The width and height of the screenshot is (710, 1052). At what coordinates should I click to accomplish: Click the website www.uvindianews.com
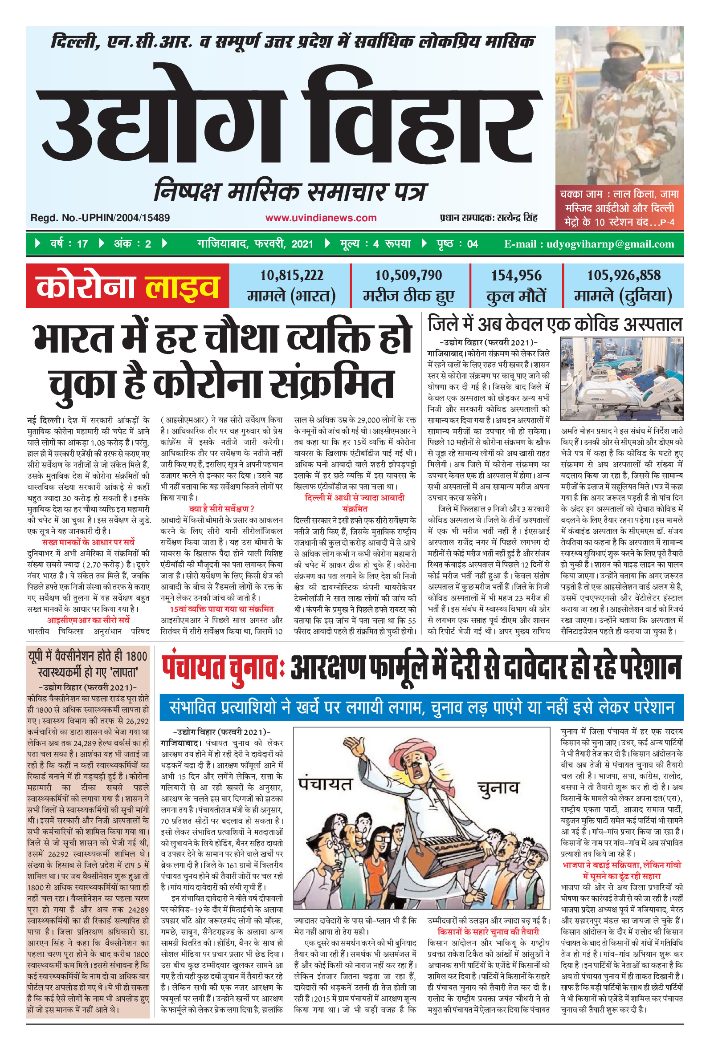(321, 218)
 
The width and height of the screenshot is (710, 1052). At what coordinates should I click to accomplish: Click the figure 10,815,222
(291, 275)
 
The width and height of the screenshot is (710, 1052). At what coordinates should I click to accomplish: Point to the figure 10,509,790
(408, 275)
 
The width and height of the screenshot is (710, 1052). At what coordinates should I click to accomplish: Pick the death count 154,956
(516, 275)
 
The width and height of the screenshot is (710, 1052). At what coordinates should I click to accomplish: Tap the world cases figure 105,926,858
(624, 275)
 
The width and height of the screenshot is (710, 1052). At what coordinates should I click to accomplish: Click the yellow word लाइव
(182, 286)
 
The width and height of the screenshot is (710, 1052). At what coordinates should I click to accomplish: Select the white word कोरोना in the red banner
(86, 286)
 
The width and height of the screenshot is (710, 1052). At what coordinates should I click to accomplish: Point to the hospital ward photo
(621, 379)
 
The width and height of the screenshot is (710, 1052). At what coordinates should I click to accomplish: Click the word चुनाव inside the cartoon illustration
(498, 788)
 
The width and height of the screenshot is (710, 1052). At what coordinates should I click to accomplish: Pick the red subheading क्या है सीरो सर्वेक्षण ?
(221, 508)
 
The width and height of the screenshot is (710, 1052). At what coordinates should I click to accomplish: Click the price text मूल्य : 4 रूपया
(375, 244)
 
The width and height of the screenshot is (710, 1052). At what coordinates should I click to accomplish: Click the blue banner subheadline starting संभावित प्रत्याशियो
(421, 708)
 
